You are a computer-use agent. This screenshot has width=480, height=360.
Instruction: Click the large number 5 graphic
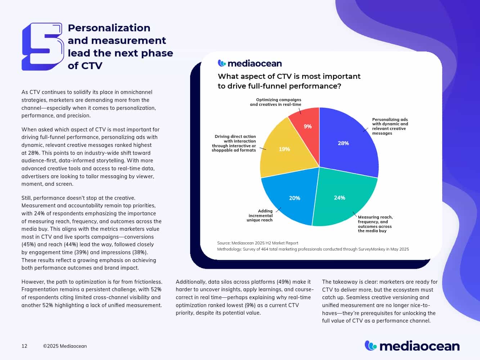pyautogui.click(x=42, y=46)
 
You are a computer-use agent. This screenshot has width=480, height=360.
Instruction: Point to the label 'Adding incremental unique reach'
pyautogui.click(x=260, y=215)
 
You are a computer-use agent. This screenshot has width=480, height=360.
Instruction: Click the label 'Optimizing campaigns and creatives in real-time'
pyautogui.click(x=276, y=102)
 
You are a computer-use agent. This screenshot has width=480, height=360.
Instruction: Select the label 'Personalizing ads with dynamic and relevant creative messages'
pyautogui.click(x=390, y=126)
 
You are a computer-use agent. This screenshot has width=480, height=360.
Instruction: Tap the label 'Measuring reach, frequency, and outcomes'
pyautogui.click(x=375, y=224)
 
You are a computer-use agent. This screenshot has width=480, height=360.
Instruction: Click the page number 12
pyautogui.click(x=24, y=346)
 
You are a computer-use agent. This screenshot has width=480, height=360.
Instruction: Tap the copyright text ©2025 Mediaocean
pyautogui.click(x=65, y=346)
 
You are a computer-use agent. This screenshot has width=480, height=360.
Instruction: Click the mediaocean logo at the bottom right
pyautogui.click(x=412, y=346)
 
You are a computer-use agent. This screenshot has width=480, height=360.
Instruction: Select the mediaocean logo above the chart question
pyautogui.click(x=250, y=63)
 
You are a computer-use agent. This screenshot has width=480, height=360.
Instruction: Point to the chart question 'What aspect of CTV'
pyautogui.click(x=289, y=81)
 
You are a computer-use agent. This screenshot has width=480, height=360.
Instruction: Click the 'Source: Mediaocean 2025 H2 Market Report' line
pyautogui.click(x=257, y=243)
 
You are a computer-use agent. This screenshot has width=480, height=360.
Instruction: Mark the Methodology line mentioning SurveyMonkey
pyautogui.click(x=313, y=249)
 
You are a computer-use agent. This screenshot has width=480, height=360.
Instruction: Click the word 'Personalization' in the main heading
pyautogui.click(x=109, y=28)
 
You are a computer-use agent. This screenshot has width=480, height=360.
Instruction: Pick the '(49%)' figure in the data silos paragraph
pyautogui.click(x=285, y=282)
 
